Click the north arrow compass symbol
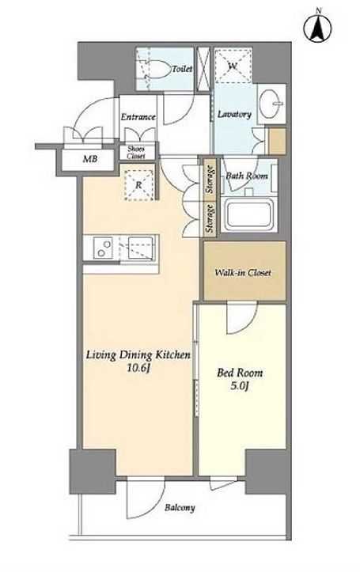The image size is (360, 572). pos(317,27)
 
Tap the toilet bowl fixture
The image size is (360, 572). pos(155,69)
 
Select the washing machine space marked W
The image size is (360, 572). pos(233,66)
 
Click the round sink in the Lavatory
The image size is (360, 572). pos(271,104)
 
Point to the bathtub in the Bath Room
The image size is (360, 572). pos(248,215)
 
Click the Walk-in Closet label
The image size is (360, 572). pos(243,272)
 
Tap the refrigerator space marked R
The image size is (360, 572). pos(138,185)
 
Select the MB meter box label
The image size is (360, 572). pos(90,159)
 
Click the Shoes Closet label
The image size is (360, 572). pos(136,152)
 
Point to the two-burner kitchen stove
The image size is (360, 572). pos(103,248)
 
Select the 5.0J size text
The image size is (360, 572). pos(240,386)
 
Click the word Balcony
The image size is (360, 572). pos(180,507)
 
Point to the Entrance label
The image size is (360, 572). pos(138,117)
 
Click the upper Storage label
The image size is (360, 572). pos(210,180)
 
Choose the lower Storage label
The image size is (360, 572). pos(210,218)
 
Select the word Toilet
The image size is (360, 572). pos(182,69)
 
